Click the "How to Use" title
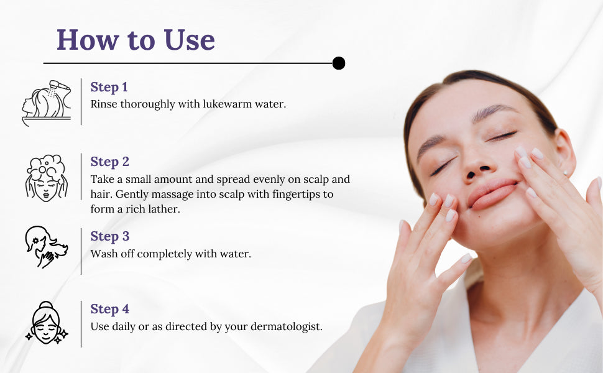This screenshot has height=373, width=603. (136, 40)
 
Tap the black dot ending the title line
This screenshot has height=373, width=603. (338, 63)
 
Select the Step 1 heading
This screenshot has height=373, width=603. (109, 87)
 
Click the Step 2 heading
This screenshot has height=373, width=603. (109, 162)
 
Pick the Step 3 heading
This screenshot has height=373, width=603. (109, 236)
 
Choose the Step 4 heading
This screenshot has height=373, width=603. (109, 309)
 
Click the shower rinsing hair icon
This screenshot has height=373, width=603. (47, 103)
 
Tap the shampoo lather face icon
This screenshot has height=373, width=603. (46, 178)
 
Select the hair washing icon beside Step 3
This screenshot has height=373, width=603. (46, 247)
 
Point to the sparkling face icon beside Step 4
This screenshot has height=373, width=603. (47, 323)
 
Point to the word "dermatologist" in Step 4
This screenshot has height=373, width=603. (286, 327)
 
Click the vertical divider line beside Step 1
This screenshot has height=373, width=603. (81, 102)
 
